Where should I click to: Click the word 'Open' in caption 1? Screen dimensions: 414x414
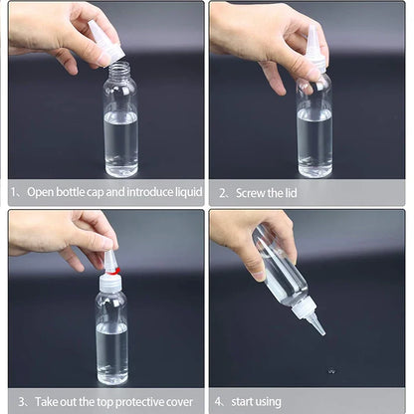(x=41, y=192)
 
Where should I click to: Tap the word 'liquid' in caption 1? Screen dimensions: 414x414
(x=184, y=192)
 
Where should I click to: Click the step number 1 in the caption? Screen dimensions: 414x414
(x=13, y=192)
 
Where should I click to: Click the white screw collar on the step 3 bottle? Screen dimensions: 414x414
(x=110, y=284)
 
